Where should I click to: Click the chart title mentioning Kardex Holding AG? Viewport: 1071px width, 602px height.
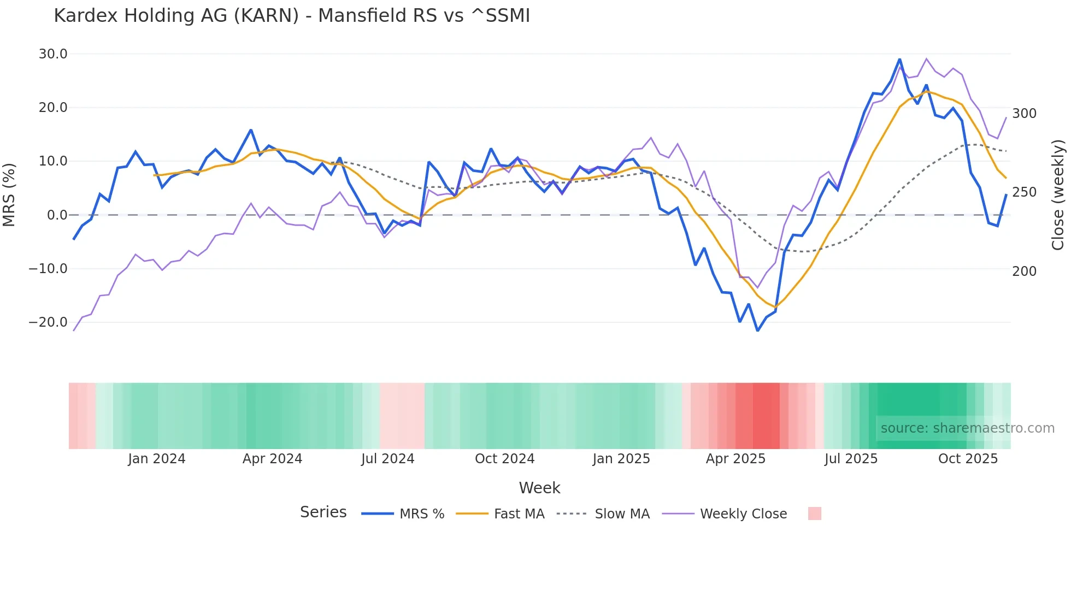[x=292, y=16]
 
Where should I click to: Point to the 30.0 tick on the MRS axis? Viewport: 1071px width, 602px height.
[x=53, y=54]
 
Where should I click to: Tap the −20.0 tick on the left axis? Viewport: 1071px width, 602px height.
[x=48, y=322]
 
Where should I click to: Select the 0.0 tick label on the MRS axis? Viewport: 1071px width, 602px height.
[x=57, y=215]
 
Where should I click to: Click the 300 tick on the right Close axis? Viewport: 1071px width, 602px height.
[x=1024, y=114]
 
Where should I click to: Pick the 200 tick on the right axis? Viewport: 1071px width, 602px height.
[x=1024, y=272]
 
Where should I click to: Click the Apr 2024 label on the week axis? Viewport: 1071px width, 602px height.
[x=272, y=459]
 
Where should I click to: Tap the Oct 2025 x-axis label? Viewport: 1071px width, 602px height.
[x=968, y=459]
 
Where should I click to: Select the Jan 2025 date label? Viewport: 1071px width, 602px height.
[x=621, y=459]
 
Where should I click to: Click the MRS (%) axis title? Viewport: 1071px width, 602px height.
[x=9, y=195]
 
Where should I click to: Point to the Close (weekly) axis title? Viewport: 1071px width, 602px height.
[x=1058, y=195]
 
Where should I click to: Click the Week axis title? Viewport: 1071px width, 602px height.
[x=539, y=488]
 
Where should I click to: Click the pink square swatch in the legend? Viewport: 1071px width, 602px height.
[x=814, y=514]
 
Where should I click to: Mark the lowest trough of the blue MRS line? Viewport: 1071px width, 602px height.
[x=757, y=330]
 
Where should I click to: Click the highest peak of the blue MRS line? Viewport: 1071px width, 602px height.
[x=899, y=59]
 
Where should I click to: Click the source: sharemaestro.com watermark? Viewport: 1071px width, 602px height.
[x=967, y=428]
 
